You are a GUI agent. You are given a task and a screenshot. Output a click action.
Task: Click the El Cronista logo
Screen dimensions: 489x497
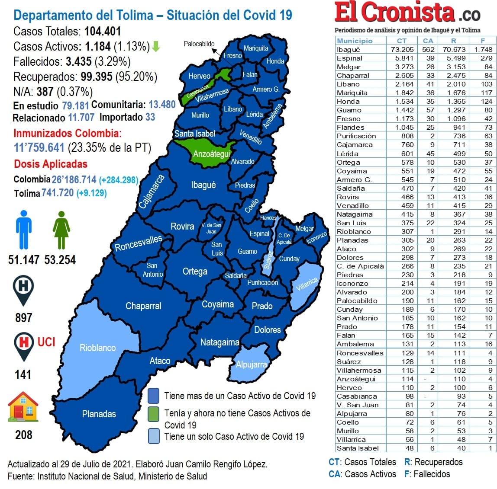(x=407, y=13)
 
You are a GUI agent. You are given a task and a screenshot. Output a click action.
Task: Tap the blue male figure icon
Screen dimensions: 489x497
(x=23, y=229)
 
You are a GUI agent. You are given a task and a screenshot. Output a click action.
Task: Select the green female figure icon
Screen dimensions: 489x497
(x=61, y=230)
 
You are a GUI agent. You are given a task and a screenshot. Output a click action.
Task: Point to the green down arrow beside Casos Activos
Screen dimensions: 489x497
(x=156, y=47)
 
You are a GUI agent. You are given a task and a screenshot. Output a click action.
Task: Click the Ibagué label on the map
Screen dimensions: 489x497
(x=203, y=185)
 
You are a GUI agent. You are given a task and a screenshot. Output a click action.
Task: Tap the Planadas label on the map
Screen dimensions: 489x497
(x=99, y=414)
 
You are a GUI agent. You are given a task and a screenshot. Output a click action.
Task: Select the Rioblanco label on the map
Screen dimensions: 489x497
(x=97, y=348)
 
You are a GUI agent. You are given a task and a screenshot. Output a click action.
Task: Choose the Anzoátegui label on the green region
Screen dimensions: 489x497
(x=211, y=154)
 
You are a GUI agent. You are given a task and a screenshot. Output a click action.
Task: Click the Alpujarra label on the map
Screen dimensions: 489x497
(x=251, y=364)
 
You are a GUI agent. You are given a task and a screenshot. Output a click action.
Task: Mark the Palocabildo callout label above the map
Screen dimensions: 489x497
(x=199, y=44)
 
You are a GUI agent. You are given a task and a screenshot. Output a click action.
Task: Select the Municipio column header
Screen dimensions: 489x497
(x=355, y=41)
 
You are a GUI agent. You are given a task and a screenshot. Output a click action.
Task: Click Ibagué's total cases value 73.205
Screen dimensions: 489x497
(x=402, y=49)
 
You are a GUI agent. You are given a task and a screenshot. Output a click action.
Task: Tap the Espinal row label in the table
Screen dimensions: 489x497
(x=349, y=58)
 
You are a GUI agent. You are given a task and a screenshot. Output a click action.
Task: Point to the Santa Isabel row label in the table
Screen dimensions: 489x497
(x=358, y=448)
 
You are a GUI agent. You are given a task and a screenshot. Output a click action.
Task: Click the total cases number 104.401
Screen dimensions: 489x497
(x=103, y=32)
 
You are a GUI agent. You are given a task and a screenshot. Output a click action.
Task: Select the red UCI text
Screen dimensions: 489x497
(x=46, y=342)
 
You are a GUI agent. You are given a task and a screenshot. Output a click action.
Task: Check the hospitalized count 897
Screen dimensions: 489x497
(x=23, y=318)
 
